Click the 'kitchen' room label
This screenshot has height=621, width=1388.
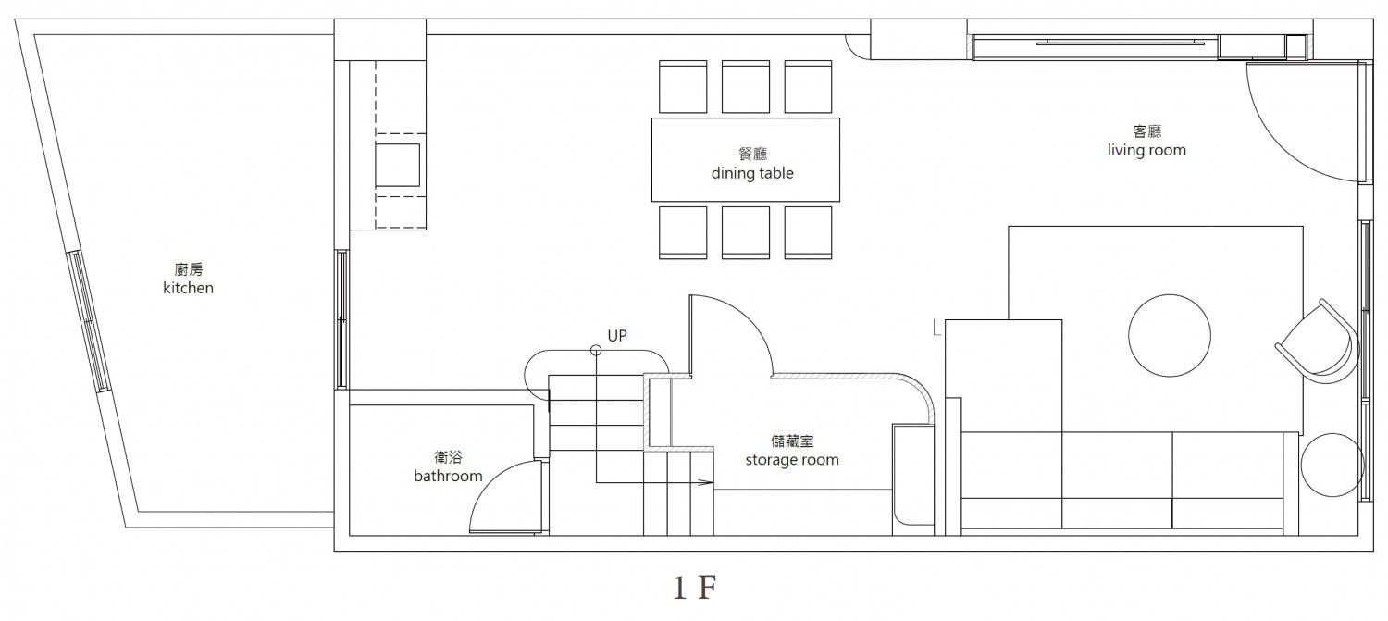(189, 288)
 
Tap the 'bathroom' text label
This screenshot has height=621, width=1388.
(448, 476)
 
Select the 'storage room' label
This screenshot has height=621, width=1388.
(792, 460)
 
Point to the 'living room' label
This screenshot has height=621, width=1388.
(1147, 151)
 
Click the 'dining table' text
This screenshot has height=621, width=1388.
(752, 173)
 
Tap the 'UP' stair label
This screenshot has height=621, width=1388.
(617, 336)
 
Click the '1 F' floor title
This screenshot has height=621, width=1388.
(695, 588)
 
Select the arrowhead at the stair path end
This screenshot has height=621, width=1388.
(706, 482)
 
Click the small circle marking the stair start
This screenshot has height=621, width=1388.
(596, 351)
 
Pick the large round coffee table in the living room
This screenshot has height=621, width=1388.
(1170, 335)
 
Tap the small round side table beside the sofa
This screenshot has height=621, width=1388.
(1332, 465)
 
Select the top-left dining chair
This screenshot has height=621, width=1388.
(683, 87)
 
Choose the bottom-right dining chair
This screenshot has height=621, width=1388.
(808, 232)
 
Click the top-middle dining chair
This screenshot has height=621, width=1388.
(746, 87)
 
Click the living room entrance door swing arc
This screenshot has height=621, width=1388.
(1270, 149)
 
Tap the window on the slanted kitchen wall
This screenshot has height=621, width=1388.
(89, 321)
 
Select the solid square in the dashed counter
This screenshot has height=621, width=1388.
(397, 165)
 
